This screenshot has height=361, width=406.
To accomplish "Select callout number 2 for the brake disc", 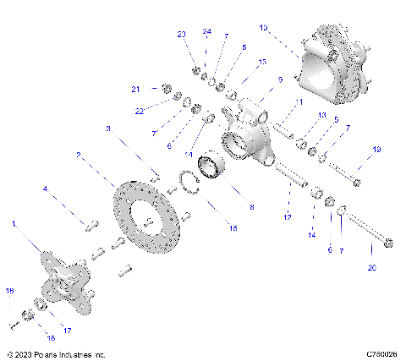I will (78, 156).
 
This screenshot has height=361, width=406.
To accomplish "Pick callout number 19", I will (376, 150).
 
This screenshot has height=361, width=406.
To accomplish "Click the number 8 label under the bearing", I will (250, 207).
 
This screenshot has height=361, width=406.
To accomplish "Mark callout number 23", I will (181, 35).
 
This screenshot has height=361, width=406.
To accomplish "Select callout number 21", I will (134, 89).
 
